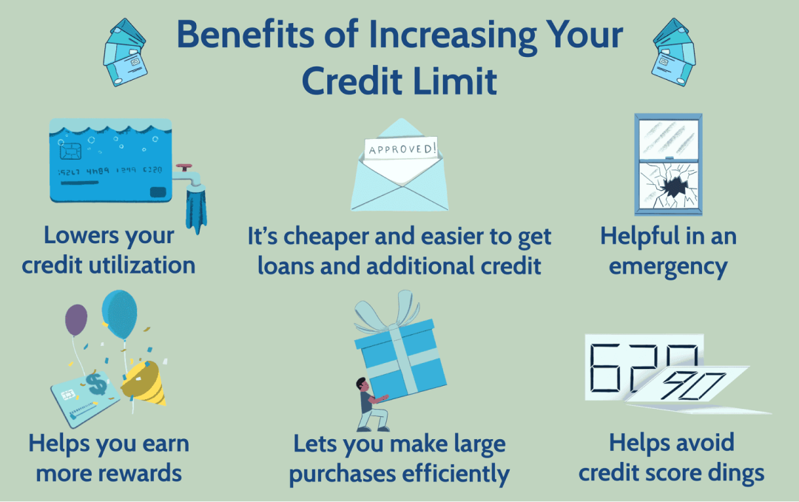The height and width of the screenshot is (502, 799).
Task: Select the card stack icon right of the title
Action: click(x=672, y=53)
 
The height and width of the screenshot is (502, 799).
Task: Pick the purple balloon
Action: click(x=76, y=319)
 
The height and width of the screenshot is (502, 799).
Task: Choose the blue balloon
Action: click(x=121, y=312)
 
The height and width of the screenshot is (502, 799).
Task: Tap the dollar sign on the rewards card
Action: click(x=95, y=384)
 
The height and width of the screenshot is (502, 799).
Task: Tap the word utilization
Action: click(x=139, y=264)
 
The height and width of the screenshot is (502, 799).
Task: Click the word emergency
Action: click(x=668, y=265)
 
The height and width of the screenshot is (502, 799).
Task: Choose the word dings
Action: click(x=729, y=472)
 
